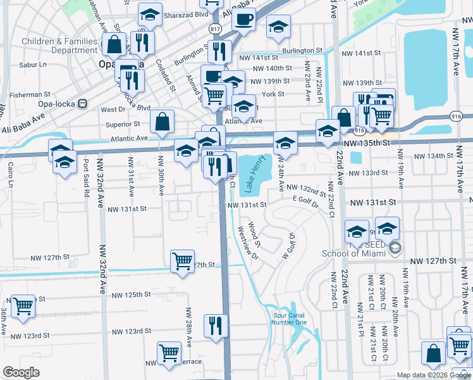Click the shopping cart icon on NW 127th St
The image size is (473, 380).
182,260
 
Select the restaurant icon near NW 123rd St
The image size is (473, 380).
216,325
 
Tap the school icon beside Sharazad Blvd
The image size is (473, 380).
149,15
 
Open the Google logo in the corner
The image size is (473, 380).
21,372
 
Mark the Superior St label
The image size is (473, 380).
123,124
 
